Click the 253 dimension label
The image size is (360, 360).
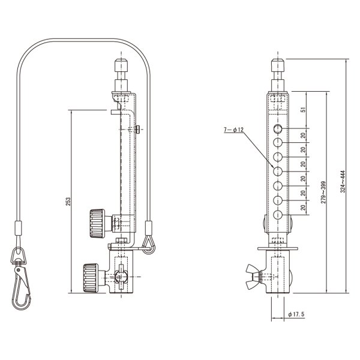click(68, 202)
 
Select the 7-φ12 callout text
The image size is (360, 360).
click(232, 129)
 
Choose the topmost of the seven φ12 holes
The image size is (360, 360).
click(278, 129)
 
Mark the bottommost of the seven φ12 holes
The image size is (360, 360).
click(278, 215)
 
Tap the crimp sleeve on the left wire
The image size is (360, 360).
click(17, 228)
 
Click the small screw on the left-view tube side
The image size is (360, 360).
click(139, 128)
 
